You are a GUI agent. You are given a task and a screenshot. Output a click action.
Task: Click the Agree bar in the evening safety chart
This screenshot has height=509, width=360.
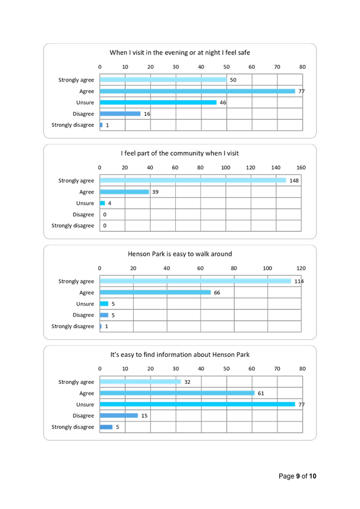click(x=198, y=91)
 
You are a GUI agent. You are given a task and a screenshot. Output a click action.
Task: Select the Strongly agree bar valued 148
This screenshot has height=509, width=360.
click(x=193, y=180)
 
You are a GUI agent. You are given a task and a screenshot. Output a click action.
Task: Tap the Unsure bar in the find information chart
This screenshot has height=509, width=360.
click(x=198, y=404)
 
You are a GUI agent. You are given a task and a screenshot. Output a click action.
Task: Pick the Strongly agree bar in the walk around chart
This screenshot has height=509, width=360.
click(x=196, y=281)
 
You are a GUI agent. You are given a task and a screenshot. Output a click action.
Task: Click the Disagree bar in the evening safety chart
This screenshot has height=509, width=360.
click(x=120, y=114)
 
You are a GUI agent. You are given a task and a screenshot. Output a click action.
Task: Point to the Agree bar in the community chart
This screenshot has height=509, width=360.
click(x=124, y=192)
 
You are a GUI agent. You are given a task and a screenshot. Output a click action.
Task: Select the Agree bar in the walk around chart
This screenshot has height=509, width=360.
click(x=155, y=292)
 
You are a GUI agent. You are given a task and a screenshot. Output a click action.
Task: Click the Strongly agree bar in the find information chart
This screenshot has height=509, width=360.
click(x=140, y=382)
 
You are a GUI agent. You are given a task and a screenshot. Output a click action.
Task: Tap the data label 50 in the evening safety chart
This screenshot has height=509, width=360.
click(x=233, y=80)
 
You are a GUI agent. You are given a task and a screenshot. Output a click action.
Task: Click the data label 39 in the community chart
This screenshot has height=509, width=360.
click(x=154, y=192)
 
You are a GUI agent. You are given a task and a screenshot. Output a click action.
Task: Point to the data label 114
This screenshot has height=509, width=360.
click(x=299, y=281)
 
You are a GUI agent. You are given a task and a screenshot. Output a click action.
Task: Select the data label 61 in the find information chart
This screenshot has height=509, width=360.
click(x=260, y=393)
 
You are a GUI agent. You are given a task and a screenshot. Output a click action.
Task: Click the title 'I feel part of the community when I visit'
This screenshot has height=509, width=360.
click(x=180, y=153)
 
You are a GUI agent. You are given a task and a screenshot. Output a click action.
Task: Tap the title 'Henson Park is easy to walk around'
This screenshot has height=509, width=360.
click(x=180, y=254)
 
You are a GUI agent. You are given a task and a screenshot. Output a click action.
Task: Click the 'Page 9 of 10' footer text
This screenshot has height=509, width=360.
click(x=297, y=476)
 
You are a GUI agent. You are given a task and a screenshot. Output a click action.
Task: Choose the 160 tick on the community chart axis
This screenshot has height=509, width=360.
click(x=301, y=168)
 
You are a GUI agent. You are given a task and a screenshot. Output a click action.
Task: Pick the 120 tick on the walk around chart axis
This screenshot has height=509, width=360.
click(x=301, y=268)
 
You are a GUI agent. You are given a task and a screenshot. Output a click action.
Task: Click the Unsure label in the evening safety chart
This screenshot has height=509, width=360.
click(x=86, y=103)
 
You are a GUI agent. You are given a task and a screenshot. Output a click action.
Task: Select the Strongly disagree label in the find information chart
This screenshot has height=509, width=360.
click(x=73, y=427)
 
